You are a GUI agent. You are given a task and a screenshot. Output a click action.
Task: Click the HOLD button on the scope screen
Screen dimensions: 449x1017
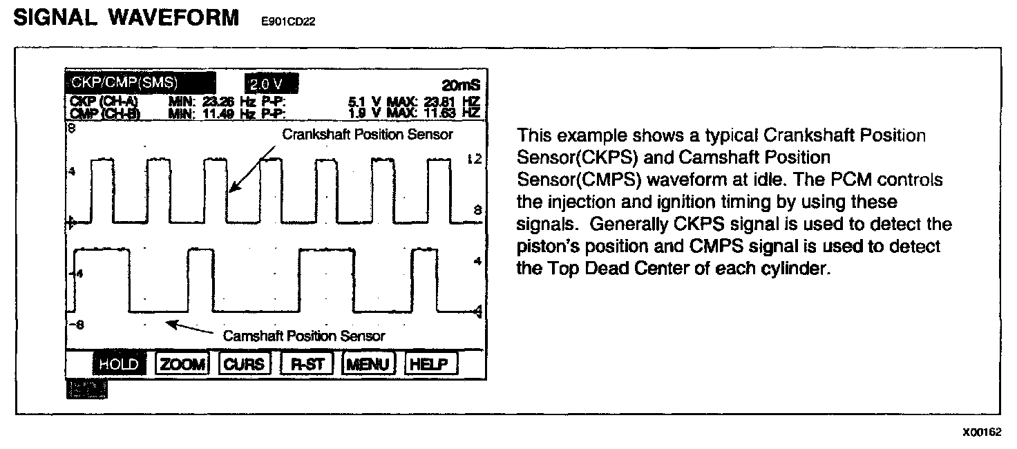(119, 364)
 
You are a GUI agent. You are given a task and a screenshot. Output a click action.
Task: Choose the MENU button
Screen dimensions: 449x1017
(370, 364)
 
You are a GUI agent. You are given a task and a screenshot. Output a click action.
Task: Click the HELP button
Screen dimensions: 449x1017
(430, 364)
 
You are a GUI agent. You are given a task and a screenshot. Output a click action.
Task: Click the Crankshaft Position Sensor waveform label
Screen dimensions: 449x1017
(367, 135)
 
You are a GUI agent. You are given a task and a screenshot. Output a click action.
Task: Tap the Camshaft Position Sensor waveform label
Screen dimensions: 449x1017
(303, 336)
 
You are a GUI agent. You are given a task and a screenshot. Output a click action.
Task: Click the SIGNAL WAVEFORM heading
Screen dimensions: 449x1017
(126, 18)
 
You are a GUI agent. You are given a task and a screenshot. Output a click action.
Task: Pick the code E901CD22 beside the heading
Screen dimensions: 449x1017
(287, 21)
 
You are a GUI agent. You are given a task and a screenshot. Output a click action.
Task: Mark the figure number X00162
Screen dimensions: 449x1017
(982, 432)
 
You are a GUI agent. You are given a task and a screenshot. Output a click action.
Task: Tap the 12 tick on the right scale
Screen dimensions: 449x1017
(473, 160)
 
